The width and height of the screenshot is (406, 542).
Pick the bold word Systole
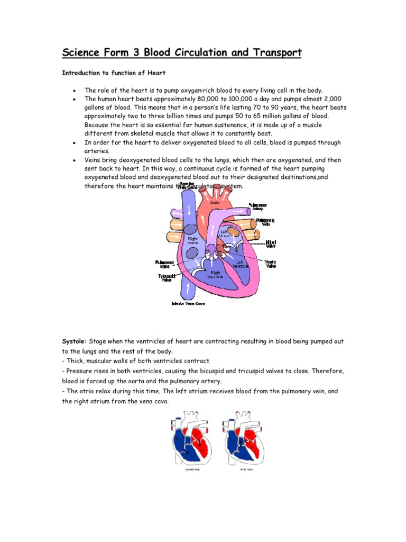[75, 342]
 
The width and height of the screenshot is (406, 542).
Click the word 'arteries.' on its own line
[97, 151]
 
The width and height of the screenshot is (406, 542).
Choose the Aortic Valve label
[270, 263]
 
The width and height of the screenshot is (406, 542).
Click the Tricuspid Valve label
[167, 278]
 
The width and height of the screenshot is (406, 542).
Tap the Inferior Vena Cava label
[188, 304]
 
